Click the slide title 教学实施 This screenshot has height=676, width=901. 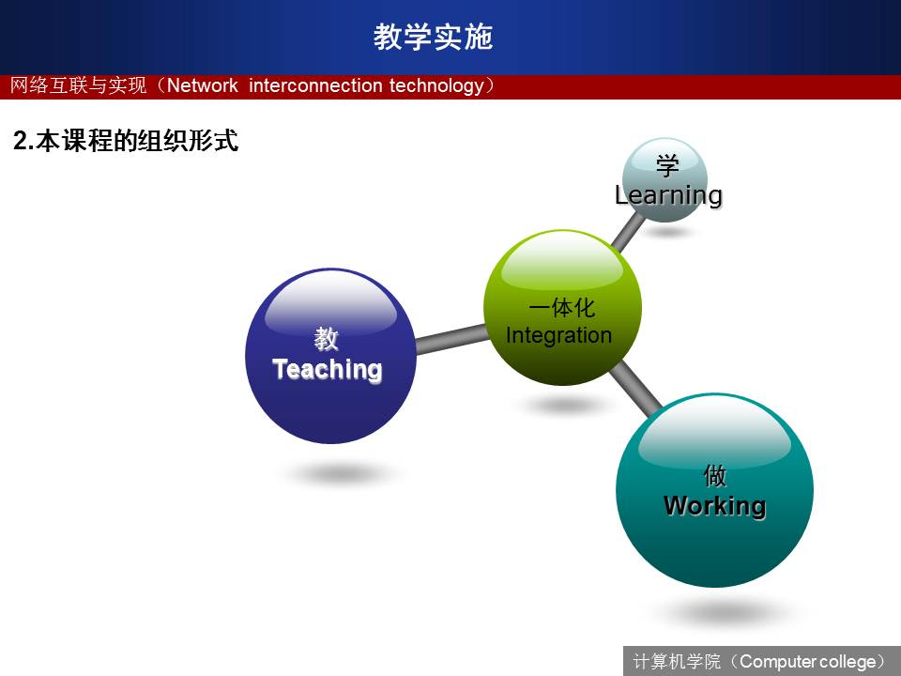point(433,37)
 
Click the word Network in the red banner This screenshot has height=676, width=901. point(203,85)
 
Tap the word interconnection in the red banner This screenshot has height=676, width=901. point(315,85)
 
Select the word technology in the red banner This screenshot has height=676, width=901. point(436,86)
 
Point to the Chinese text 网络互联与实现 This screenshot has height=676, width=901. point(78,85)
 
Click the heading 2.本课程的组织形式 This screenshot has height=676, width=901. point(125,141)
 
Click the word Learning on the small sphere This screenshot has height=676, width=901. point(668,195)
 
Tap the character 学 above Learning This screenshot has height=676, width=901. point(667,166)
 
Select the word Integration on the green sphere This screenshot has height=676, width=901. point(558,335)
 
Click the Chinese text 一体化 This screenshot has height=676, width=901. point(561,309)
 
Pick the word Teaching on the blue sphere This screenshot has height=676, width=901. point(327,369)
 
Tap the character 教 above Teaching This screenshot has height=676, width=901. point(326,339)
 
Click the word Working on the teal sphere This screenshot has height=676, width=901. point(714,506)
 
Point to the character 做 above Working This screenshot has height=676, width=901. point(715,476)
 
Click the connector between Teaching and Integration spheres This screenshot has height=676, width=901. point(451,339)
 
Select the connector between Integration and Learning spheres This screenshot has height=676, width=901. point(628,231)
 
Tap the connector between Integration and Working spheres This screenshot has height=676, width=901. point(635,389)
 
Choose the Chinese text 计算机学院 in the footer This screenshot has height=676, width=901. point(677,662)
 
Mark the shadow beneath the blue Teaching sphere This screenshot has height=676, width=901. point(340,474)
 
